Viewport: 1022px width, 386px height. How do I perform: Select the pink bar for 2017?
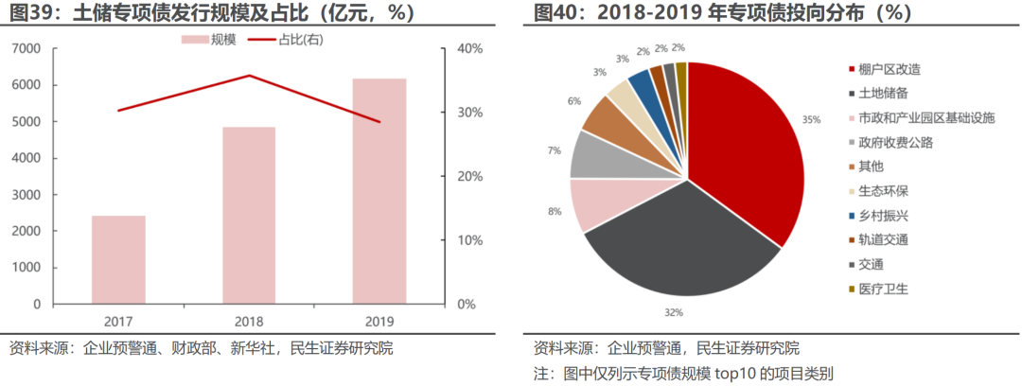tap(118, 260)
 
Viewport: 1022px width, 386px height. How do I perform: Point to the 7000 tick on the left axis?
tap(27, 48)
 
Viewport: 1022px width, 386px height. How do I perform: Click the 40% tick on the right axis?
tap(471, 48)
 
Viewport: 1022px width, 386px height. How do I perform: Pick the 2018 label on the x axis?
tap(250, 320)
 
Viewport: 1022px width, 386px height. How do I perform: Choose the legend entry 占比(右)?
tap(292, 40)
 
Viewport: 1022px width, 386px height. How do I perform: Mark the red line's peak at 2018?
tap(250, 76)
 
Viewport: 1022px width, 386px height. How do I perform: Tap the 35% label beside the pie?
tap(811, 120)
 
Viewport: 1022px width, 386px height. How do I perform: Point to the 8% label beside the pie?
tap(555, 212)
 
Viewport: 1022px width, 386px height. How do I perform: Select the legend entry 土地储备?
tap(882, 94)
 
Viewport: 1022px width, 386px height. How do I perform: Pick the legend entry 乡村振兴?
tap(882, 216)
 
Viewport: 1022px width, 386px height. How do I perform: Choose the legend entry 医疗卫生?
tap(882, 289)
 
